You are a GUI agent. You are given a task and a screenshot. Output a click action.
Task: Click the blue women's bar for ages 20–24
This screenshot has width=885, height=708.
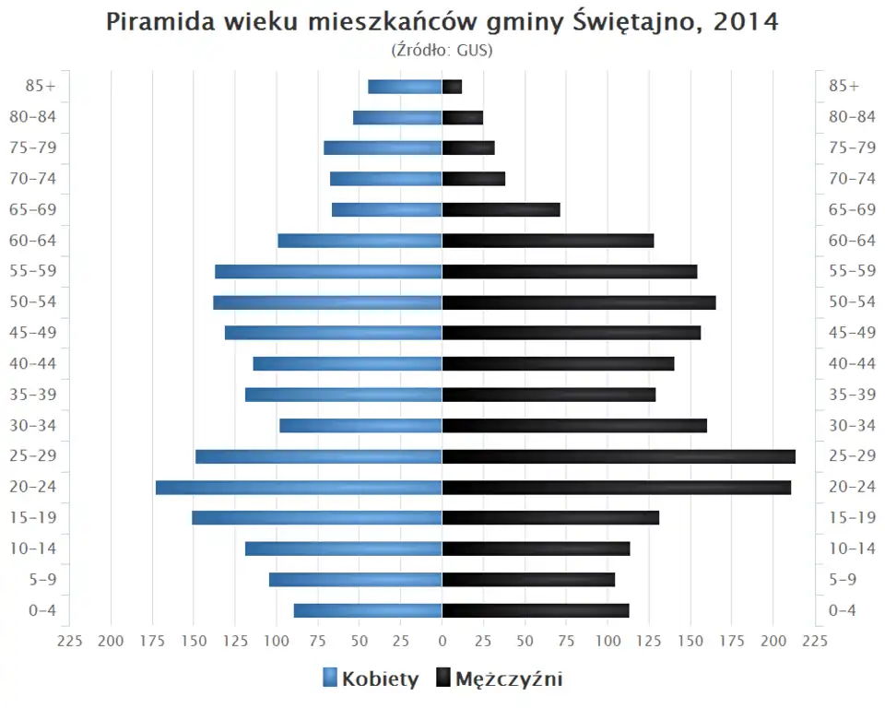[x=299, y=487]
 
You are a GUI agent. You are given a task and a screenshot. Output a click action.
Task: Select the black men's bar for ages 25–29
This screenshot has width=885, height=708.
[x=619, y=456]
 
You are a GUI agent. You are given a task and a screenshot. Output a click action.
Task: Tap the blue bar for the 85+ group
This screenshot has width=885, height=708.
[x=405, y=87]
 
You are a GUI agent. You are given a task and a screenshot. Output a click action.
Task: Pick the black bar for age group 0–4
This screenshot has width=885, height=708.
[x=536, y=610]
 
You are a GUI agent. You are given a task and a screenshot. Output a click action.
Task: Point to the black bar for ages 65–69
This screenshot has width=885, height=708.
[x=501, y=209]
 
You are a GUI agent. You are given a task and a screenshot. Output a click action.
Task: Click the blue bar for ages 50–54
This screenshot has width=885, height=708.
[x=327, y=302]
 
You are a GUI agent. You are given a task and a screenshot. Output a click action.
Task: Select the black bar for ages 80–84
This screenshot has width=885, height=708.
[x=463, y=117]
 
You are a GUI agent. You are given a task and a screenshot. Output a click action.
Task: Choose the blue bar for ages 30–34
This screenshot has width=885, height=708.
[x=360, y=425]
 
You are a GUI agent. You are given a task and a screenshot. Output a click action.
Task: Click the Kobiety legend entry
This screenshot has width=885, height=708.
[x=371, y=679]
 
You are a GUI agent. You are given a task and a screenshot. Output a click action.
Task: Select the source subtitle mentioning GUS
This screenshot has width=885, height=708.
[x=442, y=50]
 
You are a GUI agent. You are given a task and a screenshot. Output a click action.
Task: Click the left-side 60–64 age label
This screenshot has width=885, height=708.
[x=33, y=241]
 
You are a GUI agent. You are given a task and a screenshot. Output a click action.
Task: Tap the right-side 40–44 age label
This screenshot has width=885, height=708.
[x=852, y=363]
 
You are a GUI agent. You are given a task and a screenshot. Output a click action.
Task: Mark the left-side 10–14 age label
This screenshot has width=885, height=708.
[x=33, y=549]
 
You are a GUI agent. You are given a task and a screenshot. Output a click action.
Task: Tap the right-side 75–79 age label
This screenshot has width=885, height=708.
[x=852, y=147]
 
